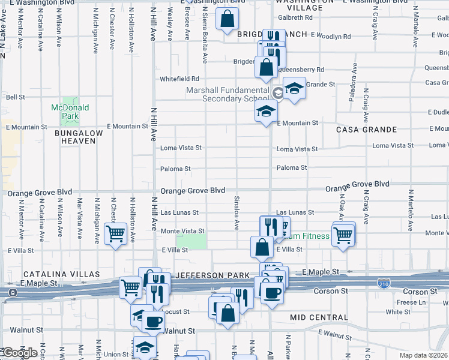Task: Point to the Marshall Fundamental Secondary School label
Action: pos(228,94)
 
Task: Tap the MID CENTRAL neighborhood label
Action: pos(315,317)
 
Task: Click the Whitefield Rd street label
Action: pos(179,79)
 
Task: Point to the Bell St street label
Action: pos(15,97)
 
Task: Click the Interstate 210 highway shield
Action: pos(384,283)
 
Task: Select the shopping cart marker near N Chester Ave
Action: pos(116,233)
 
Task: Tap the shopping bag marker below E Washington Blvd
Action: pos(228,20)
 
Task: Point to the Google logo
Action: pos(19,353)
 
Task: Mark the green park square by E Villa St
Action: pos(192,241)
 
